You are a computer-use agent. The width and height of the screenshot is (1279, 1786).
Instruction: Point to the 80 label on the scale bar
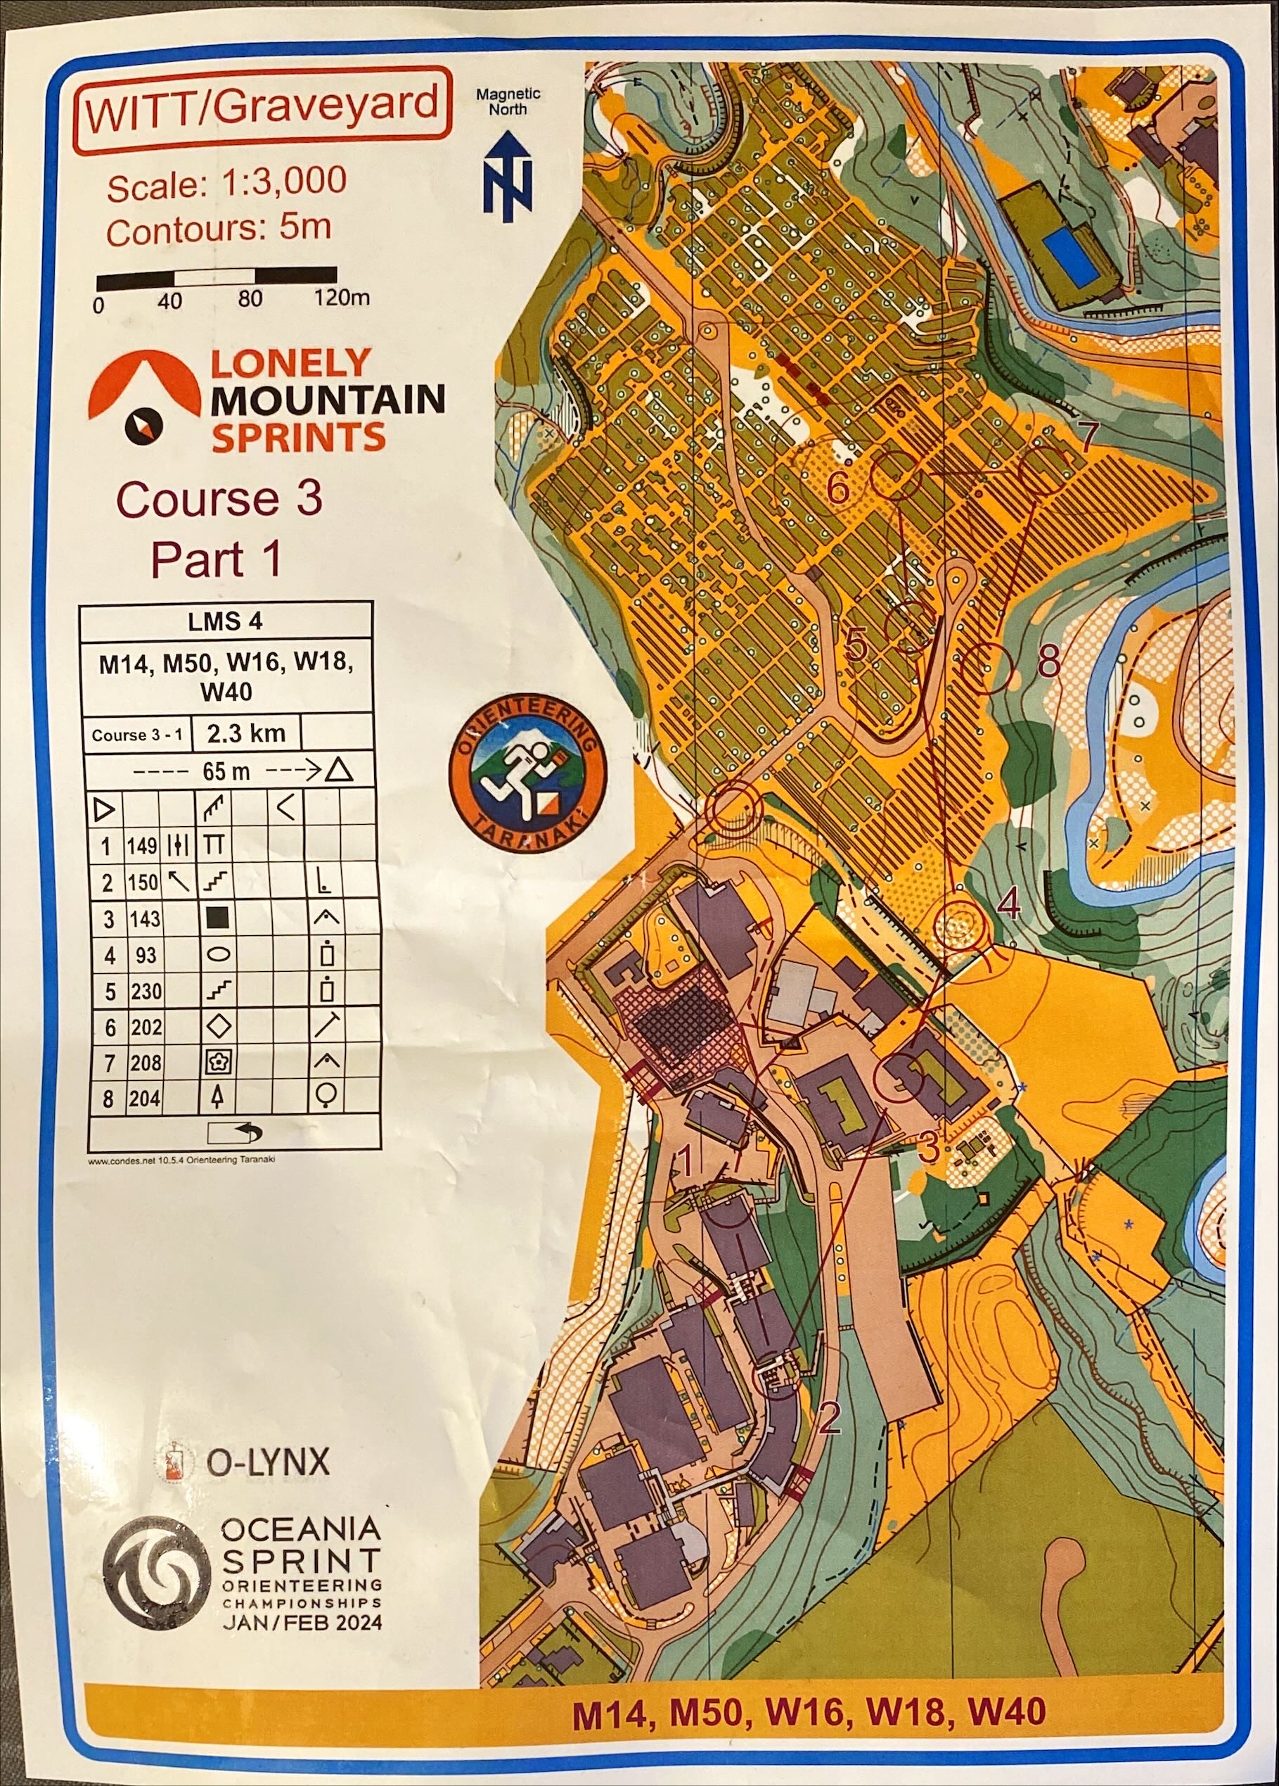[x=250, y=300]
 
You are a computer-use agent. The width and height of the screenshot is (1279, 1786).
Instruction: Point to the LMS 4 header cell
[x=225, y=622]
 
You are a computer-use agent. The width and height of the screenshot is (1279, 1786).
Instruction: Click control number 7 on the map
[x=1087, y=438]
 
